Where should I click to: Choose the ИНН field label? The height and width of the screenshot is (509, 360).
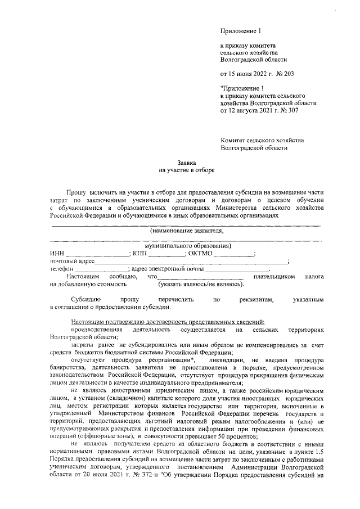coord(57,254)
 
